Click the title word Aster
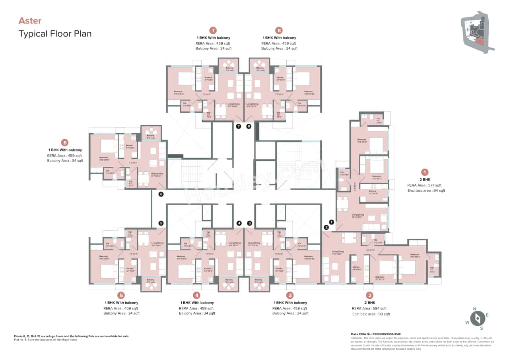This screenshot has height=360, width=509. click(30, 21)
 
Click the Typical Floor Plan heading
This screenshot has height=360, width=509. click(55, 33)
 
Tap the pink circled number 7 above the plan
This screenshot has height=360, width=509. click(213, 30)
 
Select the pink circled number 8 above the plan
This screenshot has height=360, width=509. click(279, 30)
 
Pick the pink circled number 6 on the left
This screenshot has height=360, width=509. click(65, 142)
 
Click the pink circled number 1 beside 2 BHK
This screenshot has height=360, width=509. click(425, 172)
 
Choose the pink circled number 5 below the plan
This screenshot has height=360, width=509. click(121, 295)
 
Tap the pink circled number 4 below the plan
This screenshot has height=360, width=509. click(196, 295)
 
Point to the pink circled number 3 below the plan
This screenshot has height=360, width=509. click(290, 295)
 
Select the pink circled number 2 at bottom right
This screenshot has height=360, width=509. click(370, 295)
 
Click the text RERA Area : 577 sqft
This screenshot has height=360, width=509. click(424, 185)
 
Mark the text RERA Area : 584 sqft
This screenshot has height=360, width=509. click(369, 308)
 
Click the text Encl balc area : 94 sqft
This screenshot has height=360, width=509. click(426, 191)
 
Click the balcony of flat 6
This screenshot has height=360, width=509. click(151, 133)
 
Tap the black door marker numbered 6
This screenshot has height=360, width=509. click(161, 194)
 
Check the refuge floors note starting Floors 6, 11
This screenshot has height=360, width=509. click(72, 336)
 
